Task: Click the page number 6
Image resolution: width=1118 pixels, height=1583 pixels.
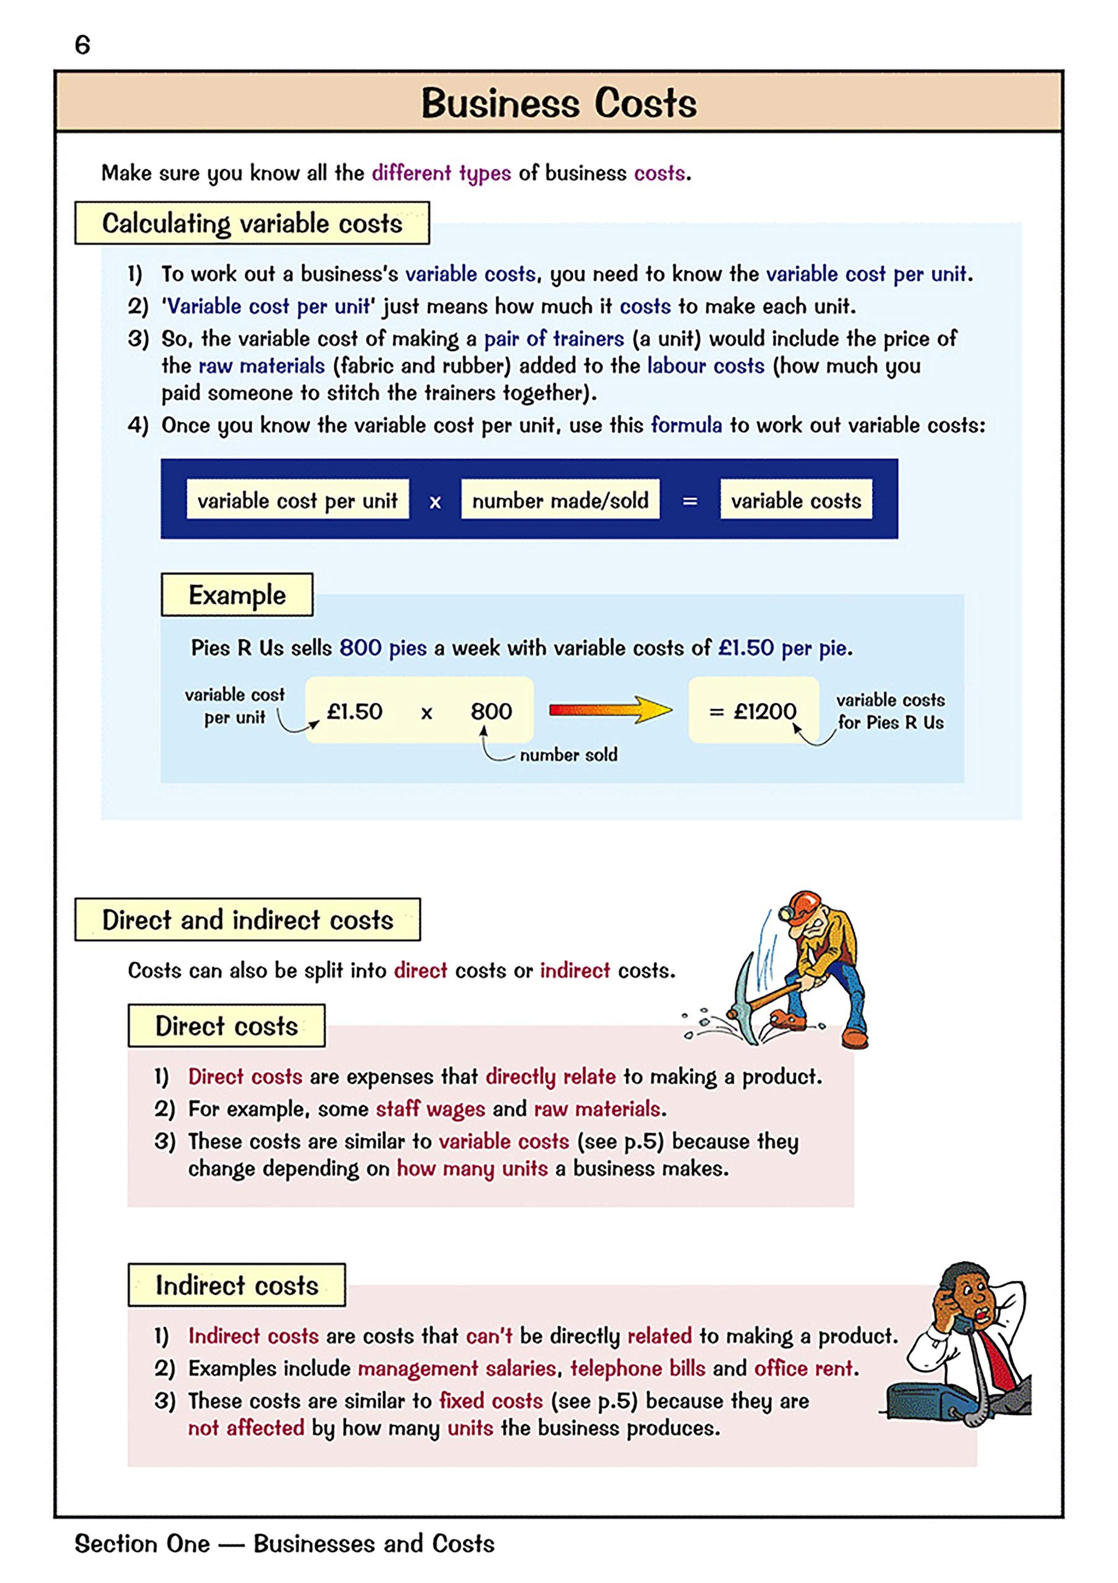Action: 82,46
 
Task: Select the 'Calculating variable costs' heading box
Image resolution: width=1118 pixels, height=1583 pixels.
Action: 252,223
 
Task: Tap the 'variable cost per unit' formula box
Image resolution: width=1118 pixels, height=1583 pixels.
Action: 297,500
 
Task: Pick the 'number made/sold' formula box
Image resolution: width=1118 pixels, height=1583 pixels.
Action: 560,500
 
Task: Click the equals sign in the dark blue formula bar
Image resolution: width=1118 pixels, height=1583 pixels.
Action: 689,501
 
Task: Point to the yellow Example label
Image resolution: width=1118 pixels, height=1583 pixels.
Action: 237,595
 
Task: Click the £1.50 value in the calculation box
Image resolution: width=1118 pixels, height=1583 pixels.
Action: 354,711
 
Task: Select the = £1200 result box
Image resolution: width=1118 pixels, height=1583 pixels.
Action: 753,710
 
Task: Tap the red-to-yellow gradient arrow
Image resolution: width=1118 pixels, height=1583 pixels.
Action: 610,709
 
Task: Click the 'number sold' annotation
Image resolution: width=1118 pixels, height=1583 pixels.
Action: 568,755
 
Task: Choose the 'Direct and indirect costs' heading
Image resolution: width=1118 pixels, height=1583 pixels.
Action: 247,920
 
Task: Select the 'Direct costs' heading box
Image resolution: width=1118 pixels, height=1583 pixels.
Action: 226,1026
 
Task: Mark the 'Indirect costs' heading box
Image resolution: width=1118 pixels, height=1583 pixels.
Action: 237,1285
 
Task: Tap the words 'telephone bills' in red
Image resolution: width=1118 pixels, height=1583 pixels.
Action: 638,1368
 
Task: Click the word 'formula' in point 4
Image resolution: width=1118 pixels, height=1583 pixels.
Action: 686,425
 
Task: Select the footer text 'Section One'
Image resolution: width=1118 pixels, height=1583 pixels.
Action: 142,1543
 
